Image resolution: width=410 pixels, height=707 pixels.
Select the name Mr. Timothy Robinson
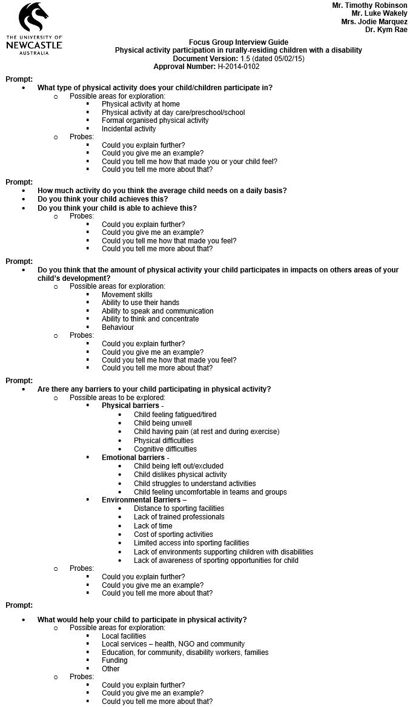pyautogui.click(x=369, y=5)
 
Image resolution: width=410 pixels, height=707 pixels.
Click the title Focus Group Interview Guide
pyautogui.click(x=239, y=42)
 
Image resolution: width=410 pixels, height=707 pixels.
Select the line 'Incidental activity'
pyautogui.click(x=128, y=129)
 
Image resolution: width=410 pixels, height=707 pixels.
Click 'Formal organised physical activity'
pyautogui.click(x=155, y=120)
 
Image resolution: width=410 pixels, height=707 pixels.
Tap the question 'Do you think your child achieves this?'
pyautogui.click(x=103, y=199)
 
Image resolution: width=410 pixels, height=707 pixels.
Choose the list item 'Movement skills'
pyautogui.click(x=127, y=295)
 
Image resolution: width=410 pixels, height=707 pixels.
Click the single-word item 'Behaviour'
pyautogui.click(x=117, y=327)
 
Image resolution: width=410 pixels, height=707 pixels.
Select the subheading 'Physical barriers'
pyautogui.click(x=130, y=406)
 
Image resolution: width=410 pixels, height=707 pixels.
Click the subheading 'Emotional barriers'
pyautogui.click(x=133, y=458)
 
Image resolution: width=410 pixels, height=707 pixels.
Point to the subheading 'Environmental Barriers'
pyautogui.click(x=141, y=500)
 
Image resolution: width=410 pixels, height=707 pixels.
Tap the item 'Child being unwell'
pyautogui.click(x=162, y=423)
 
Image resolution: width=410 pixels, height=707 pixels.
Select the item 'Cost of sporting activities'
pyautogui.click(x=173, y=534)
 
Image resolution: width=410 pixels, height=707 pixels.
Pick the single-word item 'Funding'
pyautogui.click(x=114, y=660)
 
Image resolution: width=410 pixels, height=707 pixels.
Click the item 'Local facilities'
pyautogui.click(x=124, y=636)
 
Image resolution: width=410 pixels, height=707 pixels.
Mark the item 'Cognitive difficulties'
pyautogui.click(x=165, y=449)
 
